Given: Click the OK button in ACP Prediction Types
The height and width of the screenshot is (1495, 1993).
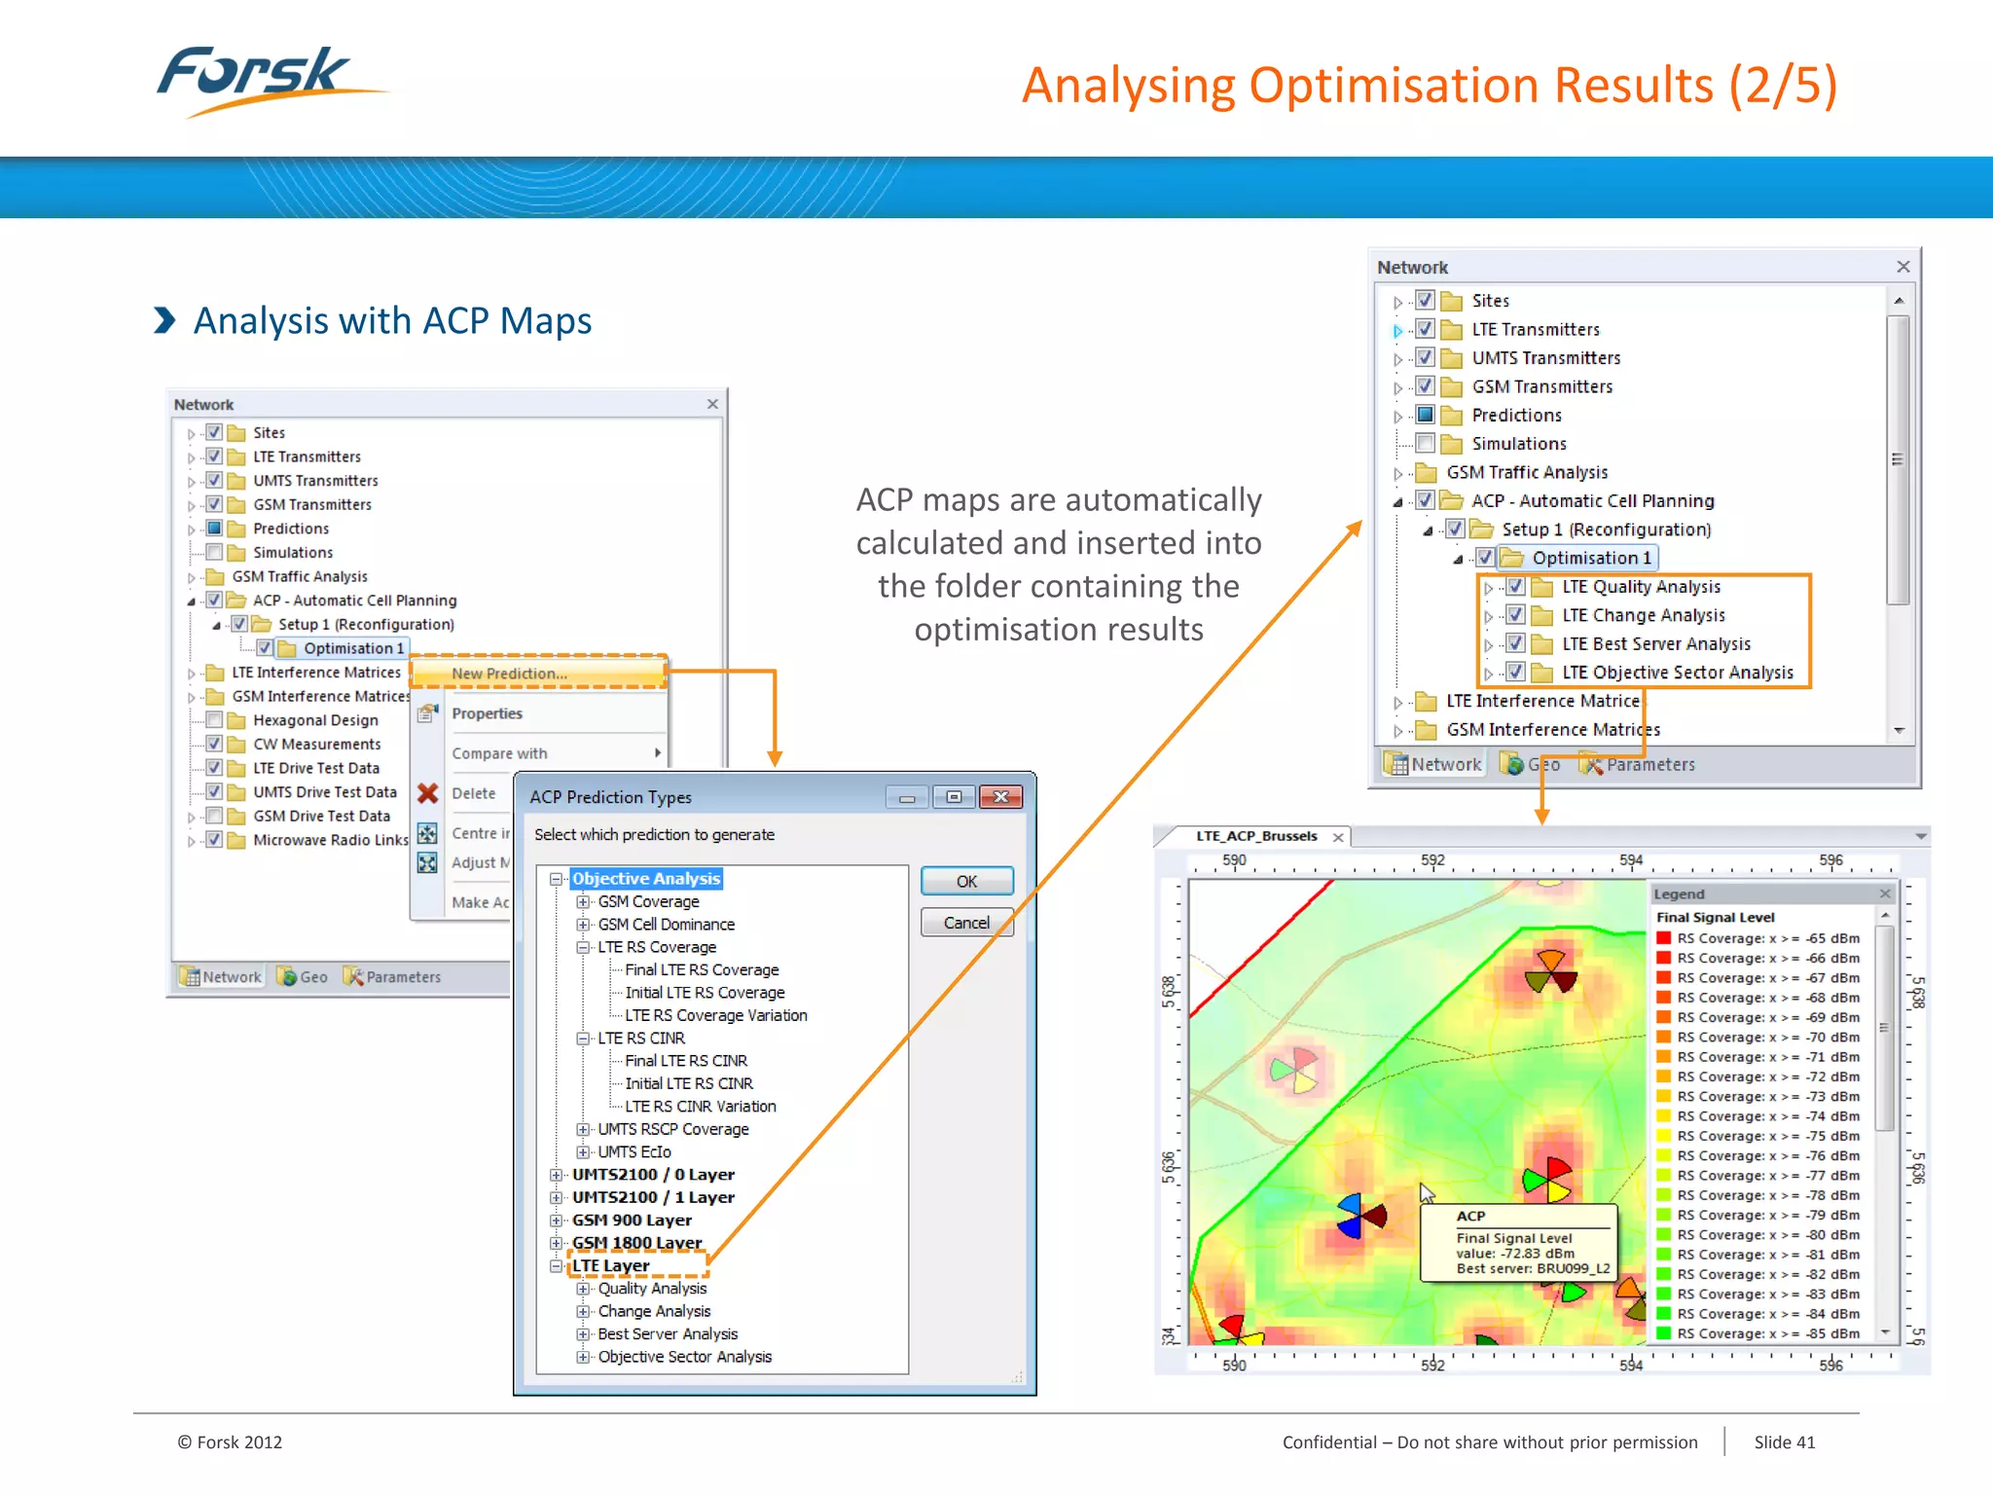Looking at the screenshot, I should coord(966,881).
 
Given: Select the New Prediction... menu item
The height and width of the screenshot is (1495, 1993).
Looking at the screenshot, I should coord(509,674).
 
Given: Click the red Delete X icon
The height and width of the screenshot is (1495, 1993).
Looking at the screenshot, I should coord(427,793).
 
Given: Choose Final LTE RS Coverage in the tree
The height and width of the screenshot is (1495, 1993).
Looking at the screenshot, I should coord(702,969).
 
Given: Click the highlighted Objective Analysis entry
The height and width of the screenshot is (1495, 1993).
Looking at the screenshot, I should coord(646,879).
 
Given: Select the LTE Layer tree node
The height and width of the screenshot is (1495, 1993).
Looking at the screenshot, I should coord(610,1265).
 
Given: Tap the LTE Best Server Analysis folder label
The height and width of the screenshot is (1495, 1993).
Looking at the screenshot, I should coord(1655,644).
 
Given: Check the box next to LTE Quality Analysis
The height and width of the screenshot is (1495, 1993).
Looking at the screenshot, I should coord(1515,587).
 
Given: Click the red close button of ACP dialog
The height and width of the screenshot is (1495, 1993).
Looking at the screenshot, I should coord(1000,797).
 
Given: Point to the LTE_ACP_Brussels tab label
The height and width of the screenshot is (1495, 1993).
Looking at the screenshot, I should coord(1256,836).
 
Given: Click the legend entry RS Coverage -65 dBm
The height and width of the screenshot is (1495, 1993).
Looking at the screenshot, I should coord(1767,938).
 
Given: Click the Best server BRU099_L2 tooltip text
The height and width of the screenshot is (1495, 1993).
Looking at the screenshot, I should coord(1533,1268).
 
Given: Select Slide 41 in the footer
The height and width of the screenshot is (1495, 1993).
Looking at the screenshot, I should coord(1784,1442).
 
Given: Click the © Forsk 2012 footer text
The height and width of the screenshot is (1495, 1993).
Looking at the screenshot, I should coord(230,1442).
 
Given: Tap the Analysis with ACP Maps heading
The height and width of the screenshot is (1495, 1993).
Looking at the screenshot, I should coord(392,321).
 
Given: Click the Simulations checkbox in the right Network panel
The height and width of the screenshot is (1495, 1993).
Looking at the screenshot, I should coord(1426,444).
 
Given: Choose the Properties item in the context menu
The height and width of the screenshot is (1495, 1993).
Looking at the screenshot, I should coord(487,713).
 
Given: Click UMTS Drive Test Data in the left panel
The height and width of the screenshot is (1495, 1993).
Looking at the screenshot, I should coord(325,792).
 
